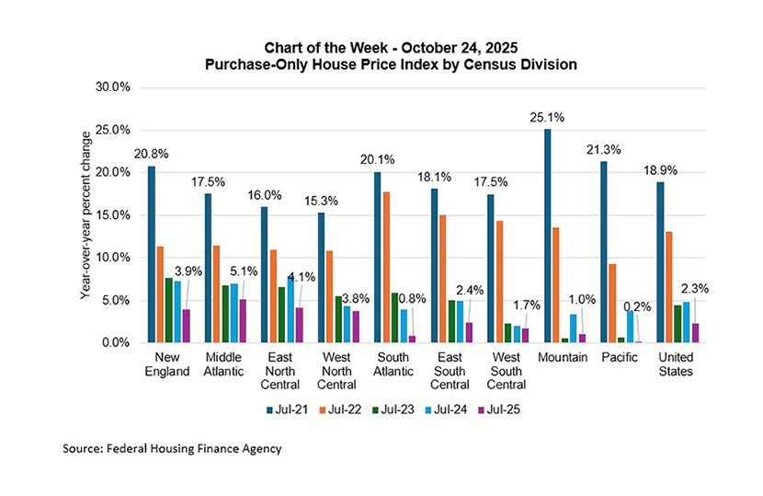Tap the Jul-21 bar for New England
click(152, 254)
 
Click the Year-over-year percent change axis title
click(84, 213)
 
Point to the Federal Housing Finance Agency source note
click(172, 449)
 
